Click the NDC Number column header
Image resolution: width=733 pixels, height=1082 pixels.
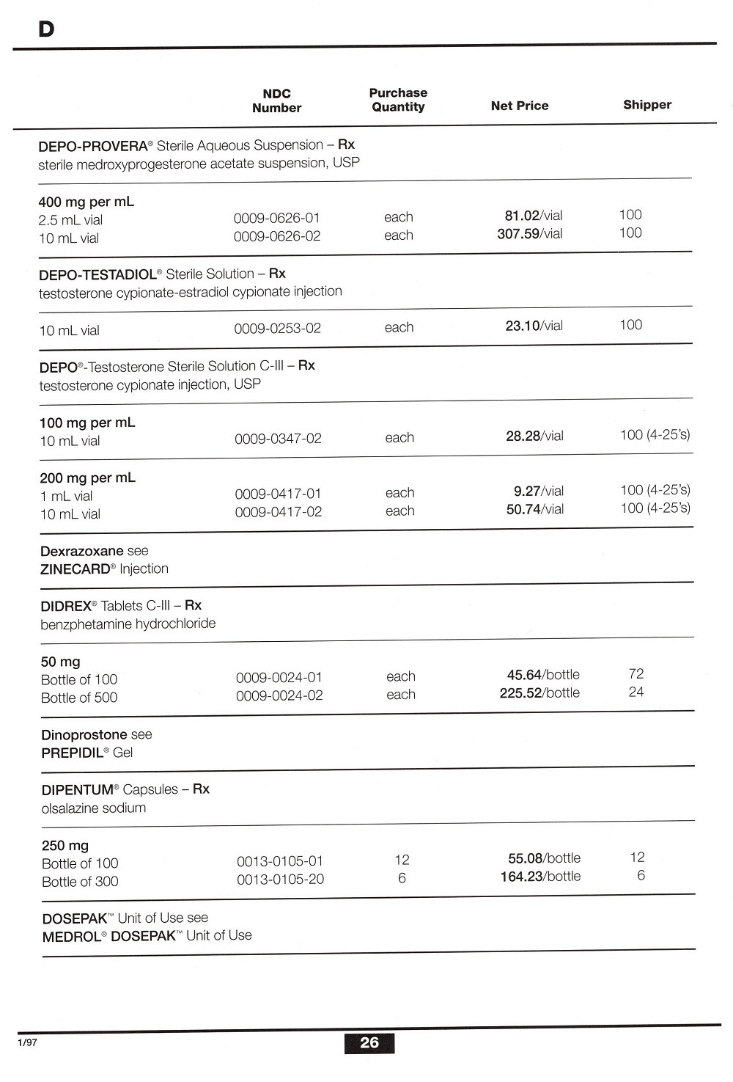[276, 100]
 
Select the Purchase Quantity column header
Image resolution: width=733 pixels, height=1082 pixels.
[398, 100]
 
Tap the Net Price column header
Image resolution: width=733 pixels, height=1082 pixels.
[519, 106]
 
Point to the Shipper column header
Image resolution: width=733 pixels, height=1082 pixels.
[647, 105]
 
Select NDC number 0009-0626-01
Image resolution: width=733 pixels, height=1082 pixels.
[276, 218]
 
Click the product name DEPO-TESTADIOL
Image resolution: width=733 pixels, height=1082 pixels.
[97, 274]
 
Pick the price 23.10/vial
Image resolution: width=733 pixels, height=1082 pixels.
[534, 326]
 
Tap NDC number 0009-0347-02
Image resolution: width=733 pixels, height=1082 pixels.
[278, 439]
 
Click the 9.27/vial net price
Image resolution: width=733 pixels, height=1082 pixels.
[538, 491]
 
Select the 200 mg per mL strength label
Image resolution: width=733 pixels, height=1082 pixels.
[87, 478]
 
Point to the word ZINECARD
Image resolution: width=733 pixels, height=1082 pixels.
[75, 569]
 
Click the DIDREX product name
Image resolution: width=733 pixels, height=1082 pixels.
[65, 606]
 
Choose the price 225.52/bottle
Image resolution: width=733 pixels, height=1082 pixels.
[539, 693]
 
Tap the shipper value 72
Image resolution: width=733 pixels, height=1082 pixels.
[636, 673]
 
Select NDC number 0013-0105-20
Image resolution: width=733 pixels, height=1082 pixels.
[280, 879]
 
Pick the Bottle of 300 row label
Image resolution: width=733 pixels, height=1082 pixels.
[80, 882]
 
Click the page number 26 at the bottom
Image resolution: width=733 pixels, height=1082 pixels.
[369, 1042]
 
